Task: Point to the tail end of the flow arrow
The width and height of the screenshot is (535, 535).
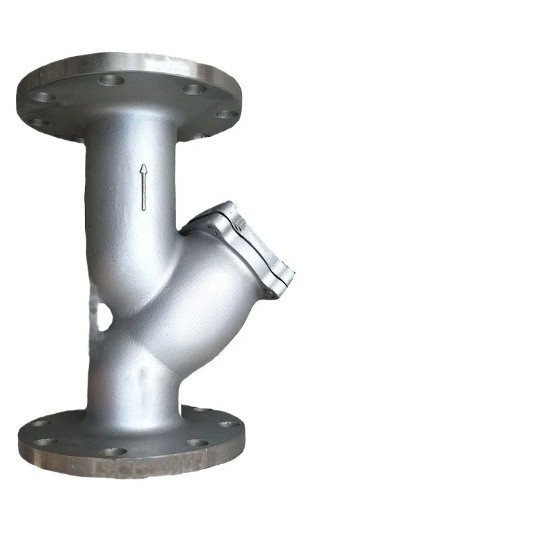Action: [x=143, y=209]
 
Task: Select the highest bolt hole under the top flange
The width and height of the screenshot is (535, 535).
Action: [x=111, y=80]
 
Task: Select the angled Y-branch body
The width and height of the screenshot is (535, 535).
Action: [x=201, y=294]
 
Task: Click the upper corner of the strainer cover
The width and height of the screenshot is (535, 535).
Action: [x=224, y=204]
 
